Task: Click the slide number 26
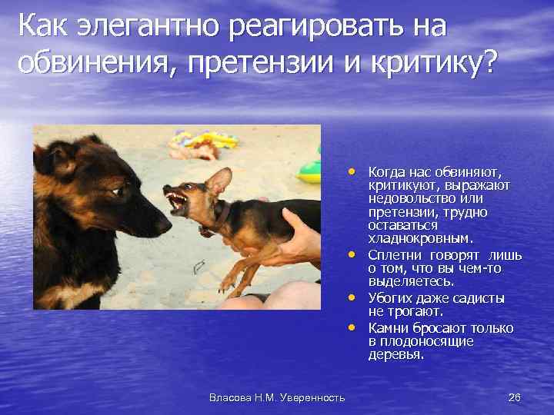[515, 397]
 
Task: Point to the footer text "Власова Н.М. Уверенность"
[277, 397]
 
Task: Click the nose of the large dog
[165, 224]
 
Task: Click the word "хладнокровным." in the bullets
[412, 239]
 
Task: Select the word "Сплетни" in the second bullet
[395, 254]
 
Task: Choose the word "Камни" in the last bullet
[390, 328]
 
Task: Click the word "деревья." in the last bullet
[396, 356]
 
